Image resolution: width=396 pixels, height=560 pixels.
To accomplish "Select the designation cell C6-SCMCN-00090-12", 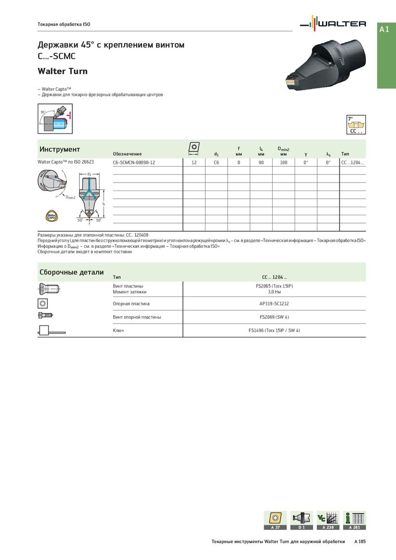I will tap(134, 162).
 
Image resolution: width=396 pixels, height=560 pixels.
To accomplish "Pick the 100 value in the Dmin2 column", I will tap(284, 162).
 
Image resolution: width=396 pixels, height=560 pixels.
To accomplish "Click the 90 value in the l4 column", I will tap(261, 162).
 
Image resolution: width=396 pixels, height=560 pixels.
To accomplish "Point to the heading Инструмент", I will tap(59, 149).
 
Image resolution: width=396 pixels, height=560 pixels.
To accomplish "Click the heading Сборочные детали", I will tap(71, 272).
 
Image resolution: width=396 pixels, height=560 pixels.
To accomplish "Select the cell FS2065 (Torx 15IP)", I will tap(274, 286).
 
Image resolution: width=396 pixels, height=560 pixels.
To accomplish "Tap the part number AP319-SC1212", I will tap(274, 304).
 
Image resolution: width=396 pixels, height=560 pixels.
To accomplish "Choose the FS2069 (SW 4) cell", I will tap(274, 317).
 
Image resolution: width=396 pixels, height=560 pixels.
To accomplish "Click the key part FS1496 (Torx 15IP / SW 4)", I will tap(274, 330).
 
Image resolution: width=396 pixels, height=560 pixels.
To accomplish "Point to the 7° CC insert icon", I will tap(356, 125).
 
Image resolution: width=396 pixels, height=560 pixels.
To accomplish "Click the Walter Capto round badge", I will tap(51, 216).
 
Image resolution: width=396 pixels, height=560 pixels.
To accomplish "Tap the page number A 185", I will tap(360, 542).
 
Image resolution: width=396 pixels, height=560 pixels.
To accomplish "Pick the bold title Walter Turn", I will tap(63, 71).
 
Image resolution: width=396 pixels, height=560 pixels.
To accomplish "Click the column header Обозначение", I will tap(127, 154).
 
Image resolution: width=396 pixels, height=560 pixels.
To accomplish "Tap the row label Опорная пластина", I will tap(131, 304).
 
